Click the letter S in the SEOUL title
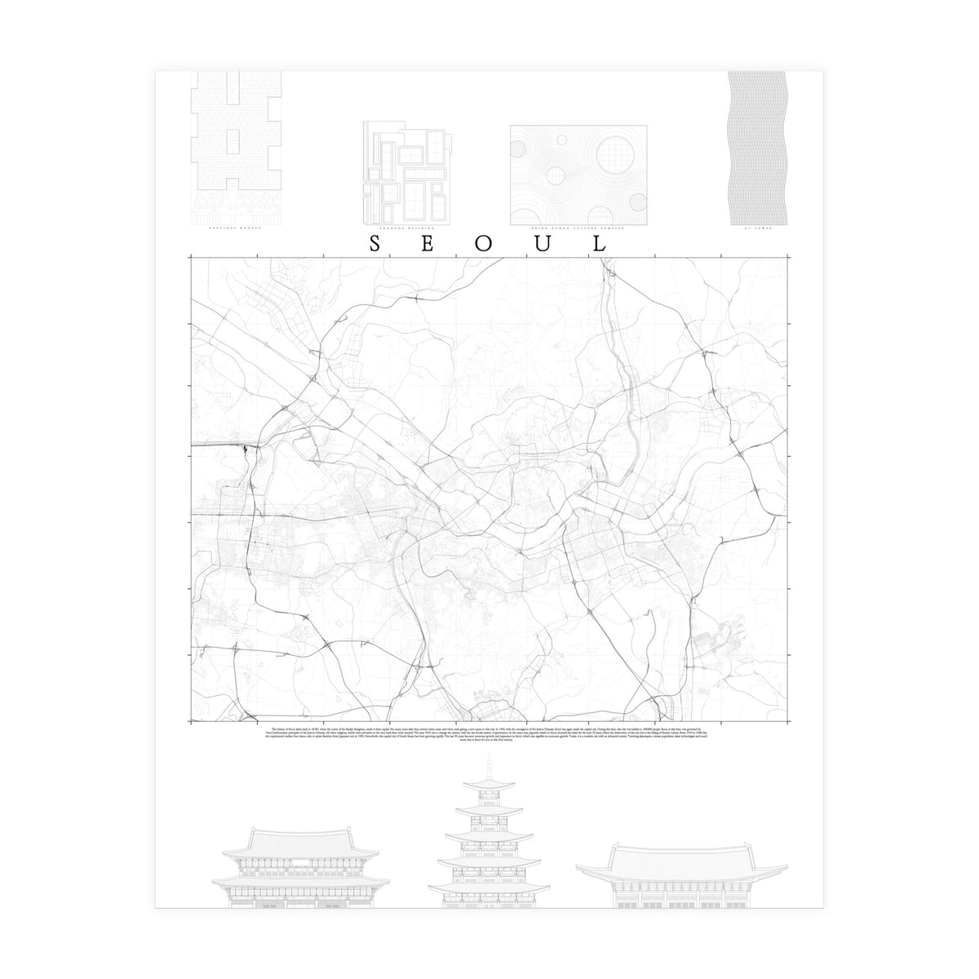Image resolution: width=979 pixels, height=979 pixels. click(374, 243)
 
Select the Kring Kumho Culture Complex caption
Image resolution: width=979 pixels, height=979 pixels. click(578, 229)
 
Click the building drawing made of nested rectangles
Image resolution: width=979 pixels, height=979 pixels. click(405, 172)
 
